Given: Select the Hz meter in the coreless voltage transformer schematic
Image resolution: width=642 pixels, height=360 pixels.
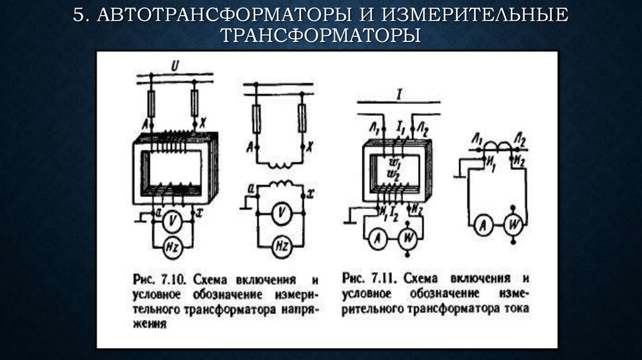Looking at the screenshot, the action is pos(280,246).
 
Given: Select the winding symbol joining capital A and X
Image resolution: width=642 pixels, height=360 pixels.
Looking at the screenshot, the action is pos(279,166).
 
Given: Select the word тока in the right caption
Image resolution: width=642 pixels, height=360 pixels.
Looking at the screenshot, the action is pos(518,309).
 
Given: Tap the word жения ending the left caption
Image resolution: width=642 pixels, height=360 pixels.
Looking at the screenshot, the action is pos(149,326).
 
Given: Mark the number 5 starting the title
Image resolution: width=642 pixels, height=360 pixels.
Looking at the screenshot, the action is pos(78,15).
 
